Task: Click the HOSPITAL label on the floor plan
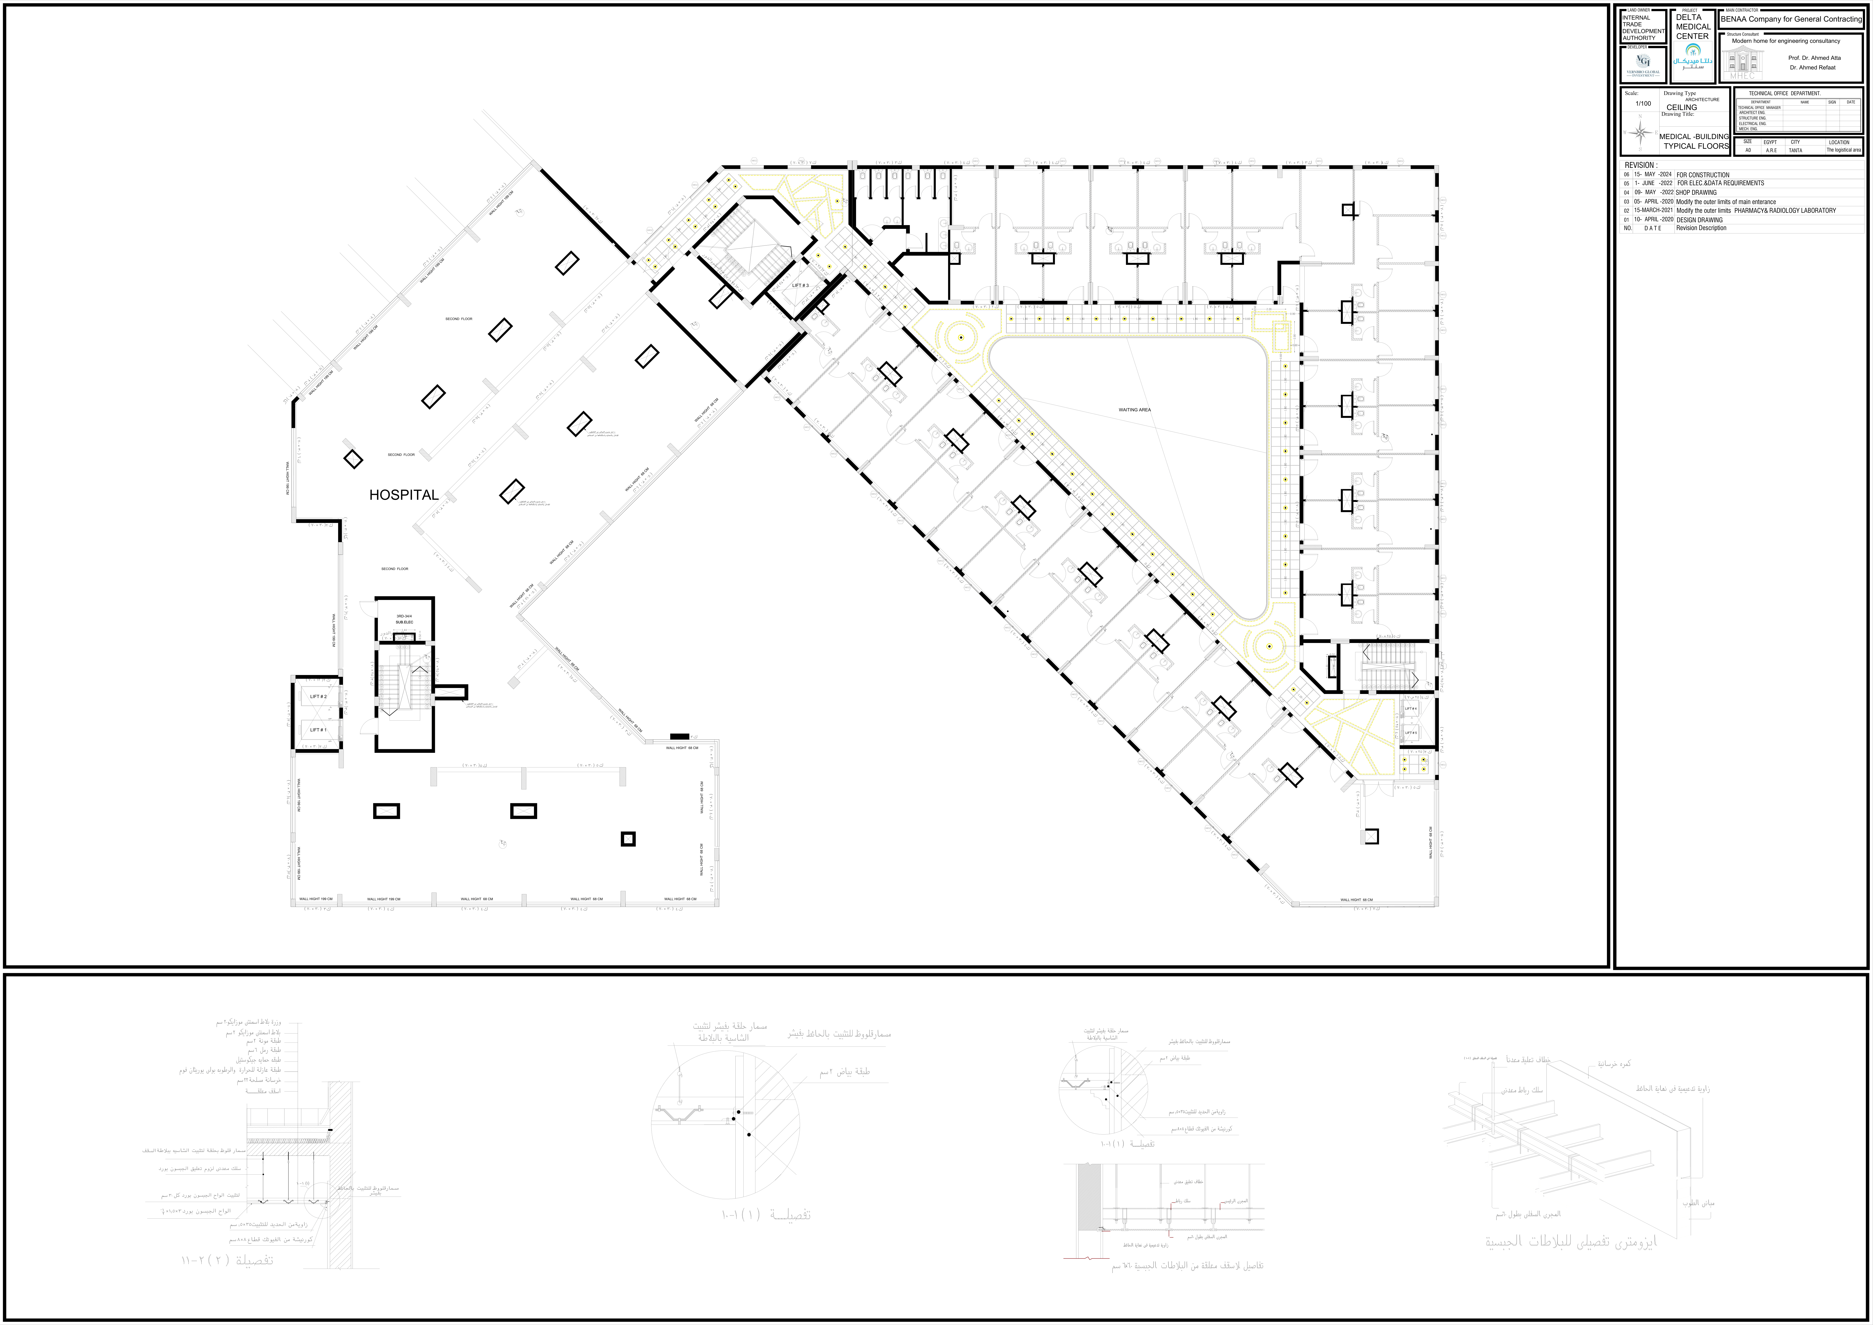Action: tap(404, 495)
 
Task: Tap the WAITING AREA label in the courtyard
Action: tap(1134, 410)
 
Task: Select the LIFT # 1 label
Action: tap(318, 730)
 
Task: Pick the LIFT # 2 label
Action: tap(318, 697)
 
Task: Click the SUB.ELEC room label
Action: tap(405, 623)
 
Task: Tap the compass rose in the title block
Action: tap(1641, 132)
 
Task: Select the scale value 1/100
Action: tap(1643, 104)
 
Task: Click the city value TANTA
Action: tap(1796, 150)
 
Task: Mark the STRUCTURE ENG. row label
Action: tap(1752, 118)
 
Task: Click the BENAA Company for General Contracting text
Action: tap(1791, 19)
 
